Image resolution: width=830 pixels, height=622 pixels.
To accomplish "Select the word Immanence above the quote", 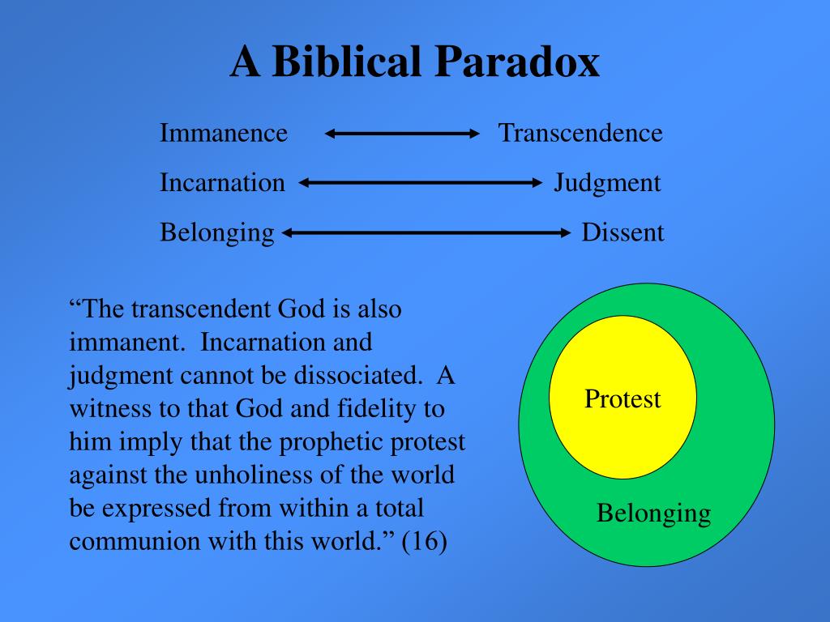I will (224, 133).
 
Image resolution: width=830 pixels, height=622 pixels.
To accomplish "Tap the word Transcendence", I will (580, 133).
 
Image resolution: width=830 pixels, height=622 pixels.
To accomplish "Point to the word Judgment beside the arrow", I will (607, 183).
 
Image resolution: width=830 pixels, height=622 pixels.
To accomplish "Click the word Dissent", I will (622, 233).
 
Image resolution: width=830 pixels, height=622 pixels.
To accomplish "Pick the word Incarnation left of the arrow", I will (222, 183).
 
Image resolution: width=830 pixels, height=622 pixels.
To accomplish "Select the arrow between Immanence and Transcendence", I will (403, 134).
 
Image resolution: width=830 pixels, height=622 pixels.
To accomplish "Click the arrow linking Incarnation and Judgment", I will (420, 183).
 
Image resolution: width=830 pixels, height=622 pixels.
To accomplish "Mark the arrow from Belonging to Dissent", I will (427, 233).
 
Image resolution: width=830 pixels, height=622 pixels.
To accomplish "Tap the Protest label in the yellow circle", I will (622, 399).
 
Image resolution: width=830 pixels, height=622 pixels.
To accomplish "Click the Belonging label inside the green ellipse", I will (653, 513).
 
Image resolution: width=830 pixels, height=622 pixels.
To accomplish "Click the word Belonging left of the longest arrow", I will (217, 233).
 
